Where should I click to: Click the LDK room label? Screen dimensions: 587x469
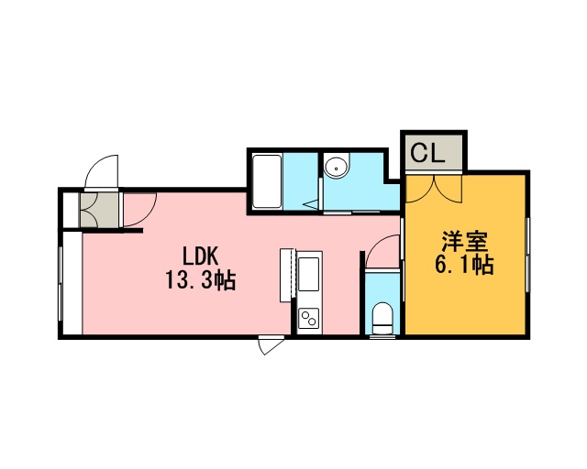point(200,256)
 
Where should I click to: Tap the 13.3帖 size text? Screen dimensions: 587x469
point(201,280)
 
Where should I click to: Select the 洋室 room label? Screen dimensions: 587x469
point(465,242)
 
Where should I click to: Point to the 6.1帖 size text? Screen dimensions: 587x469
point(464,265)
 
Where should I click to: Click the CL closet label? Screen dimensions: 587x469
point(427,153)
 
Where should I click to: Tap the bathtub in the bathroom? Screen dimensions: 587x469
point(267,181)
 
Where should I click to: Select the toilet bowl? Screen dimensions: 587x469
point(382,318)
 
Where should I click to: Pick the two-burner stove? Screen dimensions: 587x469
point(308,318)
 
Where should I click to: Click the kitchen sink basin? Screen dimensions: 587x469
point(308,274)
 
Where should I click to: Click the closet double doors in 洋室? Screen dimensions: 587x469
point(434,189)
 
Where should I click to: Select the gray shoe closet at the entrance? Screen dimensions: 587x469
point(100,210)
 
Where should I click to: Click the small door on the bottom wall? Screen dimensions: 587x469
point(271,344)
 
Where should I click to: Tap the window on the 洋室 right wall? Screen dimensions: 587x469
point(527,255)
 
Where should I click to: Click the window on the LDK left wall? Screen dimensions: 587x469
point(60,284)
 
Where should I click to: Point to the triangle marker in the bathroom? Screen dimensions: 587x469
point(311,204)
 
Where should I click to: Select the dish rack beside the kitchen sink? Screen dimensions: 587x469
point(288,275)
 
